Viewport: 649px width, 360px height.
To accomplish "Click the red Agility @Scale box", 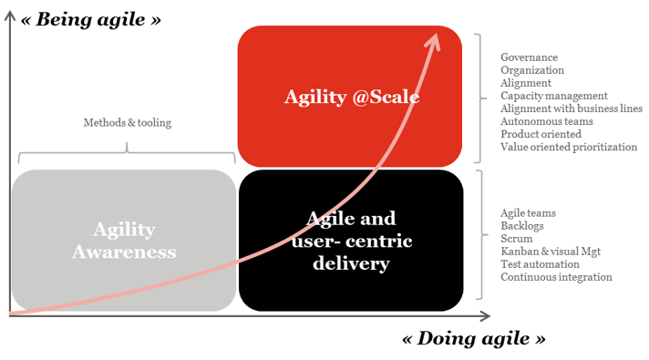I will [x=351, y=96].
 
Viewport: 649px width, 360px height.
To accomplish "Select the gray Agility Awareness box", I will [x=123, y=239].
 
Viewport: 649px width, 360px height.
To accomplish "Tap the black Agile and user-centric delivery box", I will [x=351, y=239].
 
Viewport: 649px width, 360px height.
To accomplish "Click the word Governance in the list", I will [x=530, y=57].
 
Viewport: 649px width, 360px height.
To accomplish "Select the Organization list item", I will [x=532, y=70].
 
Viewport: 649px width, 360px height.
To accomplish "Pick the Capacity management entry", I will [x=553, y=96].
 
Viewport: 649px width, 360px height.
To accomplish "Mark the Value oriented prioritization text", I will [x=569, y=147].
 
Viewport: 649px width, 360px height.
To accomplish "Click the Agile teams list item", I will [x=529, y=212].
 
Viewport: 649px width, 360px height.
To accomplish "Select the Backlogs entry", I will [x=522, y=225].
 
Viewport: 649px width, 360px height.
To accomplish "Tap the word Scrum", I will [x=517, y=238].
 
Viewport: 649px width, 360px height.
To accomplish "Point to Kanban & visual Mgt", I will [x=551, y=251].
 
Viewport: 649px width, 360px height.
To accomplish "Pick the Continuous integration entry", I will [x=556, y=277].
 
